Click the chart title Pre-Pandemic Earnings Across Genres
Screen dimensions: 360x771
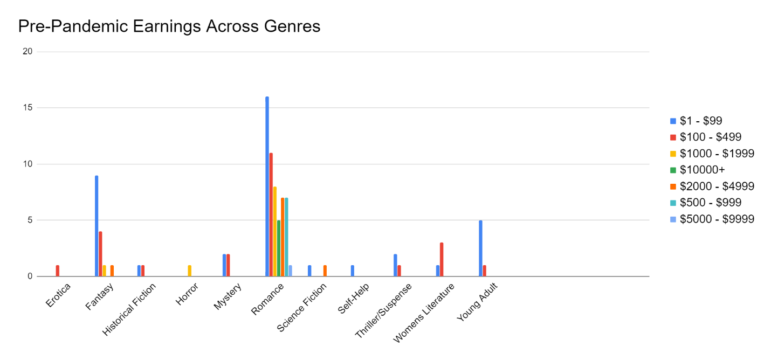tap(169, 26)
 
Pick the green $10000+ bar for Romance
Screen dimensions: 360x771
tap(278, 248)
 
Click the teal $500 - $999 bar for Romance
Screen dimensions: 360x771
tap(286, 237)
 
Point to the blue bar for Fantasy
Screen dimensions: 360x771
tap(97, 226)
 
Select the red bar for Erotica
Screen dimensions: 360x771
tap(58, 271)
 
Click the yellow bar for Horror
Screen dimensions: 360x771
tap(190, 271)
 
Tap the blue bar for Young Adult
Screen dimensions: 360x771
tap(480, 248)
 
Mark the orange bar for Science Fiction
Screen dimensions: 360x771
tap(325, 271)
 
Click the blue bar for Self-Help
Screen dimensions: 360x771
tap(353, 271)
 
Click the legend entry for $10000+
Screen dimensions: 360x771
tap(702, 170)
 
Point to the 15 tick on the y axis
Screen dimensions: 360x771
tap(27, 108)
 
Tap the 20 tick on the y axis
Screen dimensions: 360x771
tap(27, 52)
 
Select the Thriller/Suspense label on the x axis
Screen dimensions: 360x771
tap(384, 310)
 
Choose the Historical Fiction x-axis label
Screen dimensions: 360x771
tap(129, 310)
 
